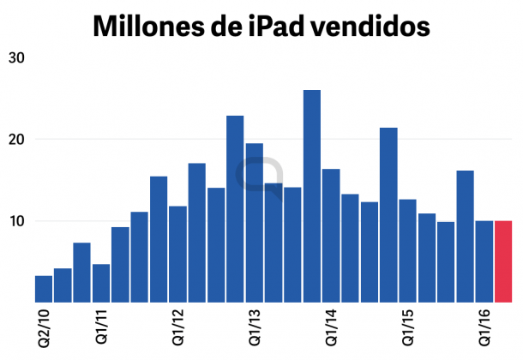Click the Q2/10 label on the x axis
[x=44, y=330]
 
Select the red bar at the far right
[x=503, y=261]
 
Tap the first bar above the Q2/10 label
[x=44, y=289]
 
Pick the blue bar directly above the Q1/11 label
[x=101, y=283]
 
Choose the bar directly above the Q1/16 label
[x=484, y=261]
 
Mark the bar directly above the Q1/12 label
[x=177, y=254]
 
